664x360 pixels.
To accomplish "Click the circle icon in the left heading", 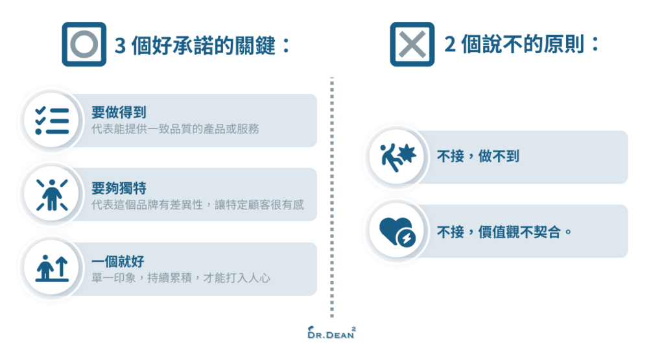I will coord(84,44).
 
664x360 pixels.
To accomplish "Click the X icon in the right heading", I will coord(412,44).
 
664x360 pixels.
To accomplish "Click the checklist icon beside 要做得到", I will coord(52,121).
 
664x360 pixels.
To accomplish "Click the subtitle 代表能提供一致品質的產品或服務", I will coord(175,128).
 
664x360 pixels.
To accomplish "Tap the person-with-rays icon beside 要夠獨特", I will coord(52,194).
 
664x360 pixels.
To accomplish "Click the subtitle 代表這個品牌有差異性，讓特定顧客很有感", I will coord(198,204).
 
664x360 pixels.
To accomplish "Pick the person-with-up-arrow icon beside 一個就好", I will coord(52,268).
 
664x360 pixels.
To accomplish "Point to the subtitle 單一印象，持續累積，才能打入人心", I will coord(180,278).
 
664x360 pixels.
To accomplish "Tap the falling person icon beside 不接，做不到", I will coord(396,156).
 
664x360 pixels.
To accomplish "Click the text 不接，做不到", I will coord(478,157).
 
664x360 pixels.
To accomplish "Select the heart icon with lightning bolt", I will coord(396,230).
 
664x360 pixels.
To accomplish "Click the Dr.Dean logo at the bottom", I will coord(331,334).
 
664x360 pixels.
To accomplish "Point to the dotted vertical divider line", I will coord(332,195).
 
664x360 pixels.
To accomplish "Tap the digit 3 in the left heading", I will coord(120,46).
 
